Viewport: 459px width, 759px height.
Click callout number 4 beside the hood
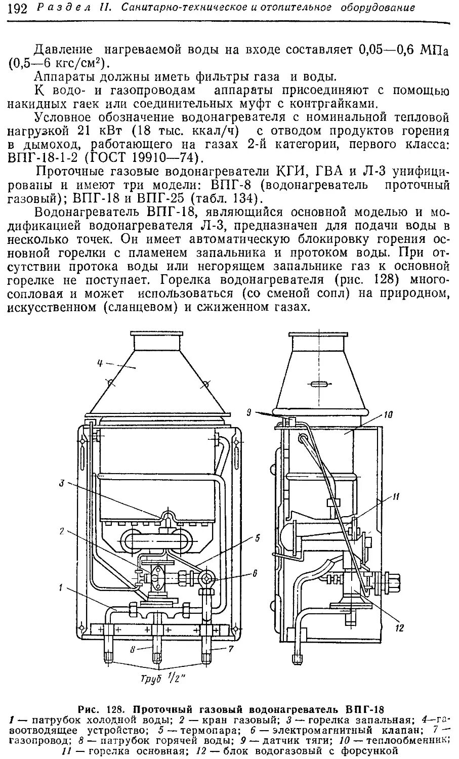coord(100,362)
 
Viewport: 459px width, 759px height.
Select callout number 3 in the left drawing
coord(61,483)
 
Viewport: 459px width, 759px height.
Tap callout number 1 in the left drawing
coord(61,587)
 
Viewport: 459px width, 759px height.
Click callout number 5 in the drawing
coord(257,538)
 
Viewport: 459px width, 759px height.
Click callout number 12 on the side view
coord(400,628)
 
